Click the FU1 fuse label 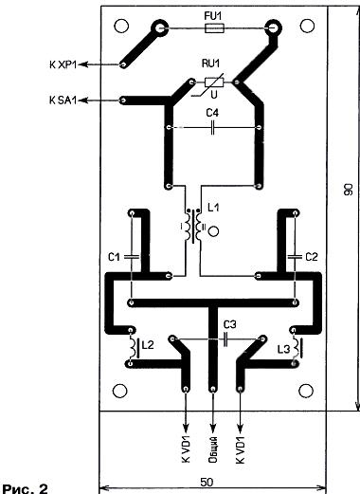[213, 16]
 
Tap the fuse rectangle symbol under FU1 [214, 28]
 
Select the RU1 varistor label [210, 64]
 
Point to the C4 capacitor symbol [213, 128]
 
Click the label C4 [212, 113]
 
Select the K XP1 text [63, 64]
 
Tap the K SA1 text [63, 101]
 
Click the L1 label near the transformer [213, 208]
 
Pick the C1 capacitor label [114, 257]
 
